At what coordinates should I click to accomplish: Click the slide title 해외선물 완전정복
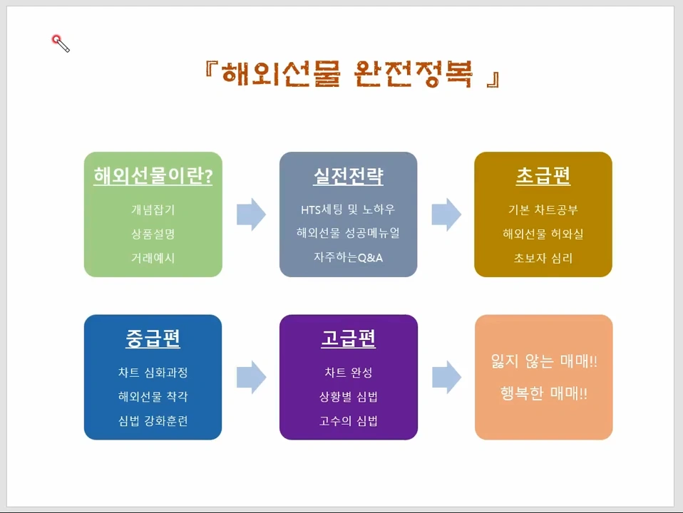350,74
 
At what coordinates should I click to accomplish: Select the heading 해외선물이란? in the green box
153,176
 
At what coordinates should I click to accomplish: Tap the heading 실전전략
348,176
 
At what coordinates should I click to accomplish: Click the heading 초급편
543,176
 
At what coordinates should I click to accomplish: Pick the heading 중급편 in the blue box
153,338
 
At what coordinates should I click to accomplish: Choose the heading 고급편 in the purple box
348,338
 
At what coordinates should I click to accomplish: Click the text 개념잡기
153,209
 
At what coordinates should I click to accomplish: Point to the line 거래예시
153,257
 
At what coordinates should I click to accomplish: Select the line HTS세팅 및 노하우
348,209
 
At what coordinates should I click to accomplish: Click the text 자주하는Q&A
348,257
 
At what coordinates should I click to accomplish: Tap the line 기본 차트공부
543,209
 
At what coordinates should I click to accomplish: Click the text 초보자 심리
543,257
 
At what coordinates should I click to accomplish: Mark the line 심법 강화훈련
153,420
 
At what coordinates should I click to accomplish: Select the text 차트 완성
348,373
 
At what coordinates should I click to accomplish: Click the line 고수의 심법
348,420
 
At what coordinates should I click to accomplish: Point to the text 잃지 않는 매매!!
544,361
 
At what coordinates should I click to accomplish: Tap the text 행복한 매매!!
544,393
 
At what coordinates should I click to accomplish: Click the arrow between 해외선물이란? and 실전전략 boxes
251,214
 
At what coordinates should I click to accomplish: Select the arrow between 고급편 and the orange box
446,377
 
